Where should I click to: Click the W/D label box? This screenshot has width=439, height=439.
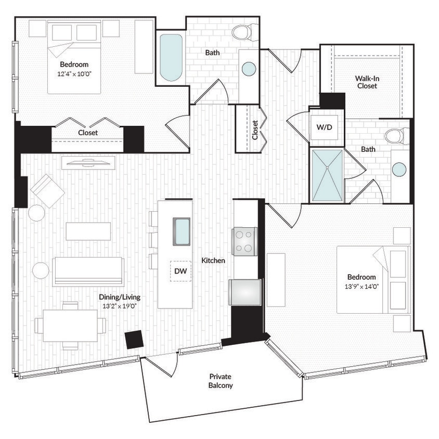click(x=327, y=127)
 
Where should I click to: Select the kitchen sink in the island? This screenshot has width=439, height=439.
click(x=182, y=231)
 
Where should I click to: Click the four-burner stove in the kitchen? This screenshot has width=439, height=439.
click(x=244, y=241)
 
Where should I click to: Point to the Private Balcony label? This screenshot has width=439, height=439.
click(x=220, y=381)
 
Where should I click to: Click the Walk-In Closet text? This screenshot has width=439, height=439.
click(x=367, y=82)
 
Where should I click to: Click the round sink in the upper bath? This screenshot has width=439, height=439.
click(x=249, y=69)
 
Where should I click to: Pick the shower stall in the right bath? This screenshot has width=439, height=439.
click(x=327, y=175)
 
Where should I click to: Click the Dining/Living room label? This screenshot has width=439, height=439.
click(x=120, y=297)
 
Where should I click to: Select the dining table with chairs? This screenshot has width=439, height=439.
click(x=70, y=326)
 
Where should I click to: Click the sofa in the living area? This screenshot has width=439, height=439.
click(x=88, y=271)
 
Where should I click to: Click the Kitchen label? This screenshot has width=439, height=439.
click(x=213, y=260)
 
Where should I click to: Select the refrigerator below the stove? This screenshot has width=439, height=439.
click(x=245, y=292)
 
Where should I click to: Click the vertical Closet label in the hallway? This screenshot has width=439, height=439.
click(x=254, y=130)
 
